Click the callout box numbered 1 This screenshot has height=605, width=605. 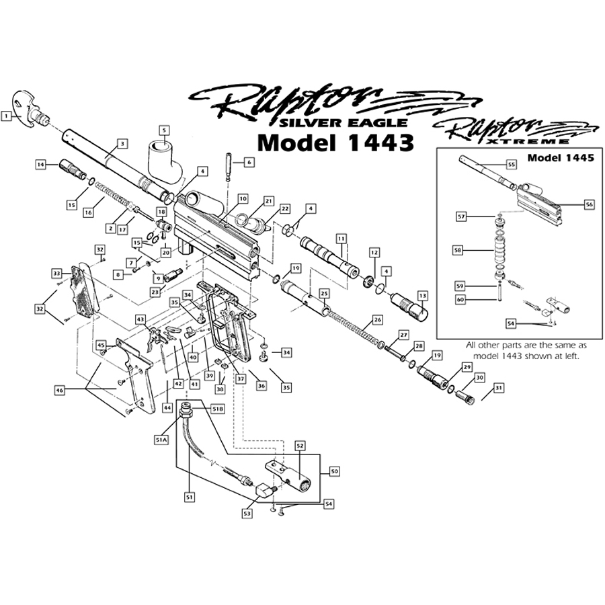pyautogui.click(x=7, y=116)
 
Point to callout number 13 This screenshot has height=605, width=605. pyautogui.click(x=422, y=295)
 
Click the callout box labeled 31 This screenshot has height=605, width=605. pyautogui.click(x=498, y=387)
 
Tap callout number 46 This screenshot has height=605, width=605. pyautogui.click(x=59, y=389)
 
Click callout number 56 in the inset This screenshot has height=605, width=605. pyautogui.click(x=590, y=204)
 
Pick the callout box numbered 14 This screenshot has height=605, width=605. pyautogui.click(x=41, y=164)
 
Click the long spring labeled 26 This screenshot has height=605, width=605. pyautogui.click(x=353, y=329)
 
